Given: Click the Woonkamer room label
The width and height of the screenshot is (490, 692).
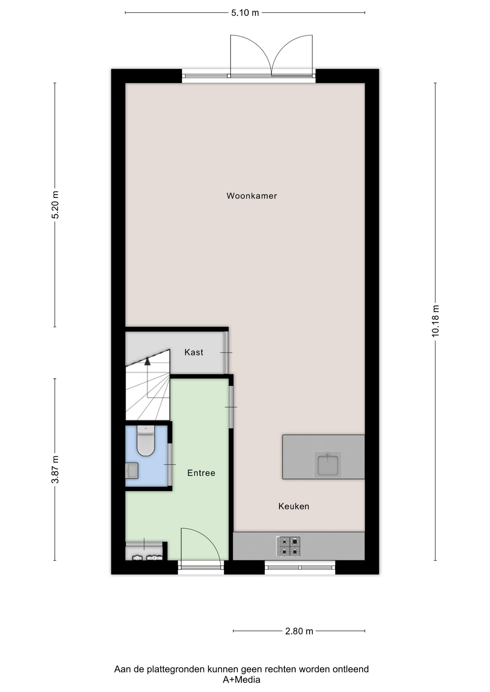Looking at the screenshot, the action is point(251,196).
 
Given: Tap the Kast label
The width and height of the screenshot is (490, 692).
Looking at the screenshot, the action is point(194,352).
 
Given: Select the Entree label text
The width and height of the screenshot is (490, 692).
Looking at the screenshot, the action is point(201,473).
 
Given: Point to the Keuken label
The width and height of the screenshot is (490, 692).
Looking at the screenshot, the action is point(294,506).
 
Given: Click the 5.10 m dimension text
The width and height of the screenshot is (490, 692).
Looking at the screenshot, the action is point(245,13).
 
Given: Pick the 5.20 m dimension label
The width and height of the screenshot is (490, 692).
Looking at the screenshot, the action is point(55,205).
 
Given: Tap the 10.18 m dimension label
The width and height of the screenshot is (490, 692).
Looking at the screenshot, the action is point(436,321).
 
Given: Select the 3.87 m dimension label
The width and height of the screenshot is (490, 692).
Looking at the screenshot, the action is point(55,470).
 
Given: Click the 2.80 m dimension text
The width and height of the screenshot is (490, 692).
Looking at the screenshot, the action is point(299,631).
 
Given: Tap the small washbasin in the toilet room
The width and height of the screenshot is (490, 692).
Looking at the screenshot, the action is point(132,471).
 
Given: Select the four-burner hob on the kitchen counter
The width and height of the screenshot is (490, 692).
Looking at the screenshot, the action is point(288,546).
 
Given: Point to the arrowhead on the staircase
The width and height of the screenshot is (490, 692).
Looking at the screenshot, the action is point(147,361).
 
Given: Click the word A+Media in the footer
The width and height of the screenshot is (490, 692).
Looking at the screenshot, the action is point(241,680).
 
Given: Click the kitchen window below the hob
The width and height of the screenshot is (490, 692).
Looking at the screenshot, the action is point(300,567).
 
